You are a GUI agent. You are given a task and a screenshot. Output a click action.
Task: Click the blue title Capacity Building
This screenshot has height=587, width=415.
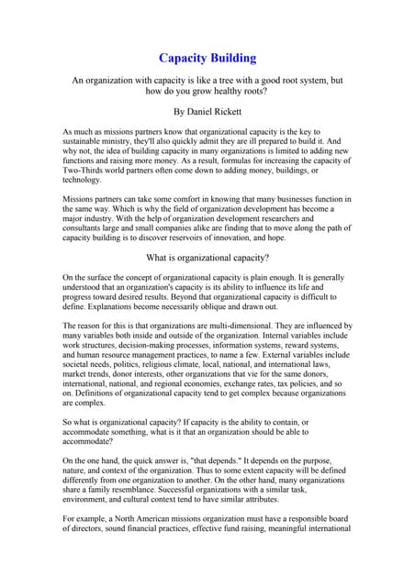point(207,58)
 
